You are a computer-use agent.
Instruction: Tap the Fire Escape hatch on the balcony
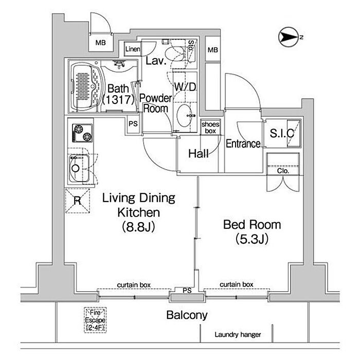coord(95,320)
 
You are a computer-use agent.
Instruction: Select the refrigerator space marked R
coord(78,201)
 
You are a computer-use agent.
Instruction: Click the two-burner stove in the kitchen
coord(82,133)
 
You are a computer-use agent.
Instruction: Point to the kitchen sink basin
coord(79,168)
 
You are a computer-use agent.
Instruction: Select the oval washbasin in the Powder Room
coord(184,116)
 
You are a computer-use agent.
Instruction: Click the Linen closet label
coord(133,49)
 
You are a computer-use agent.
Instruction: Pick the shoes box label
coord(210,128)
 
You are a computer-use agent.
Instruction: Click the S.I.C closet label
coord(282,133)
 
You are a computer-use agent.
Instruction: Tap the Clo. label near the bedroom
coord(283,171)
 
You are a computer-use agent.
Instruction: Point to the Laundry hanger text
coord(238,334)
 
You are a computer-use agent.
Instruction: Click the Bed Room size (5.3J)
coord(252,239)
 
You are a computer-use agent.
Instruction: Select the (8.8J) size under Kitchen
coord(138,227)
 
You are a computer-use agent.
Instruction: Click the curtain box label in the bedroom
coord(237,284)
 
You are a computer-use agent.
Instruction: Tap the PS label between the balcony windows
coord(187,291)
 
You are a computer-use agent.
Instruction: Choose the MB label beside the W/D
coord(213,50)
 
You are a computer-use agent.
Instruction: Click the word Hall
coord(199,154)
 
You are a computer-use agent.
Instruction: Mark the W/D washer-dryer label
coord(185,87)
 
